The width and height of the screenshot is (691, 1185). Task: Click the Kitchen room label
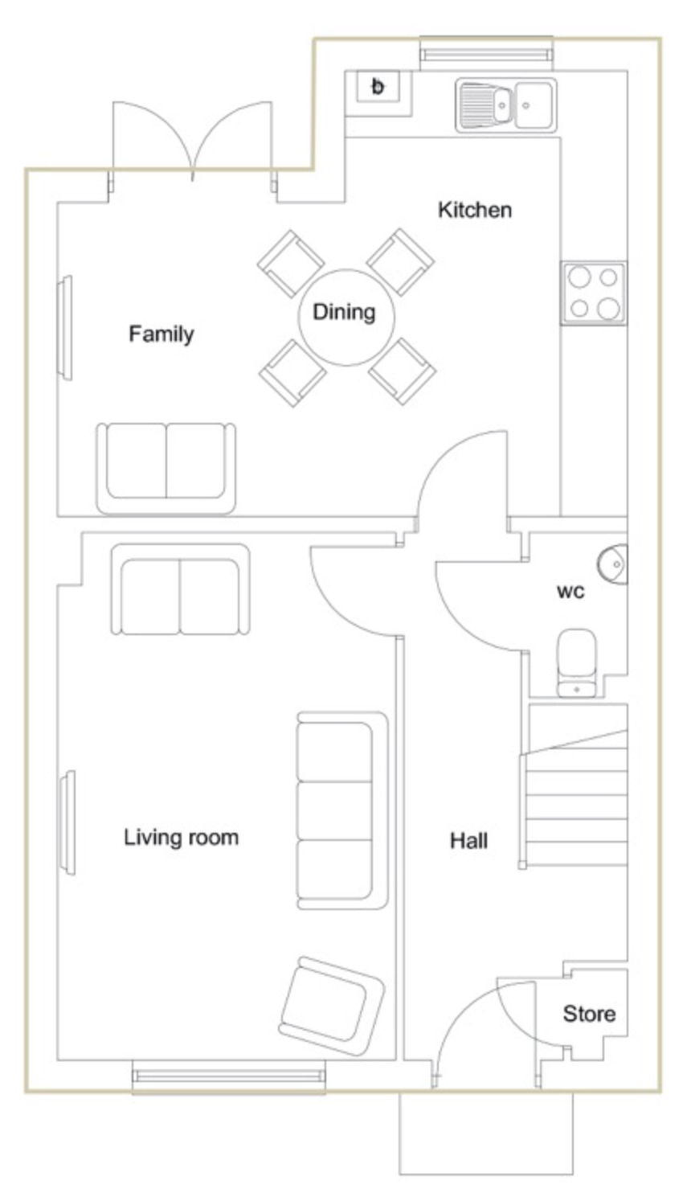(x=475, y=210)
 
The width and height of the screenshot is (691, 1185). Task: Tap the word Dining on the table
(x=344, y=312)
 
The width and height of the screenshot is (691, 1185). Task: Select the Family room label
(x=162, y=334)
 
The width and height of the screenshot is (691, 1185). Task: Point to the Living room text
(x=182, y=838)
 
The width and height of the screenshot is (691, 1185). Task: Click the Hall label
(x=469, y=841)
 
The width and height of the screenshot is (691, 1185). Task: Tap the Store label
(x=589, y=1014)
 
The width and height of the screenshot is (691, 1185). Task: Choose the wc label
(x=570, y=591)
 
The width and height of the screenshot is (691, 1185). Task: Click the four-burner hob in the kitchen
(x=595, y=293)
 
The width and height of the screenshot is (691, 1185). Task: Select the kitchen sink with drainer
(x=506, y=105)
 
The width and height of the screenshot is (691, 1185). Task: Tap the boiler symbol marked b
(x=378, y=86)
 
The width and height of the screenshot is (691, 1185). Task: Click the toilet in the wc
(x=577, y=663)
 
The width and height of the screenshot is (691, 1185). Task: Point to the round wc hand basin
(x=613, y=564)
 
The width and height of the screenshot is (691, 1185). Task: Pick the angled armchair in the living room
(x=332, y=1006)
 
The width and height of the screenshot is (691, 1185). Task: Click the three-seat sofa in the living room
(x=342, y=810)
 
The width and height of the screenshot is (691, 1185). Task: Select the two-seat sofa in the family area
(x=166, y=468)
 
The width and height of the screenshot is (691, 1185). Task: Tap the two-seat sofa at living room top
(x=180, y=588)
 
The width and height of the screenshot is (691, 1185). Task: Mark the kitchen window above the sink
(x=486, y=54)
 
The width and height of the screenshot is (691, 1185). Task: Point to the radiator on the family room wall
(x=65, y=327)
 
